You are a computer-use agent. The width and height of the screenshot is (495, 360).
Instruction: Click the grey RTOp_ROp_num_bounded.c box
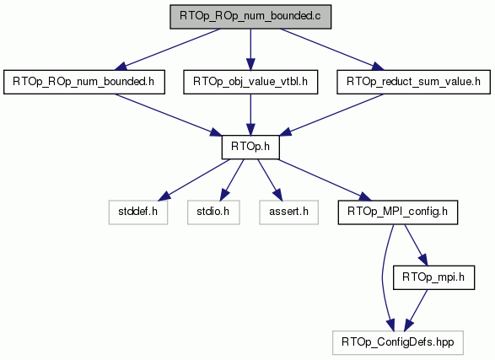[250, 17]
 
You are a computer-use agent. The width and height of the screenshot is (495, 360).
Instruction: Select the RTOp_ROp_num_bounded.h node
[84, 82]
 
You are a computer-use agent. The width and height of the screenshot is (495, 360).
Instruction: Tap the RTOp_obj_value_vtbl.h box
[250, 82]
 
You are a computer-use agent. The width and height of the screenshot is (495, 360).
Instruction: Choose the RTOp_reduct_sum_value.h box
[413, 82]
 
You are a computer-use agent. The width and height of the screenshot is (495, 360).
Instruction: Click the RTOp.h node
[250, 148]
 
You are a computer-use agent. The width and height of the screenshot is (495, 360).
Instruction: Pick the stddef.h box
[138, 212]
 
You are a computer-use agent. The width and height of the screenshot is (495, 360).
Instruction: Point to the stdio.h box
[213, 212]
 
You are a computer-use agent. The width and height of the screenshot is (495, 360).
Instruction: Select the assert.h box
[289, 212]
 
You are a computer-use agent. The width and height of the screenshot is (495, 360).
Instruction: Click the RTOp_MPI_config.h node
[398, 212]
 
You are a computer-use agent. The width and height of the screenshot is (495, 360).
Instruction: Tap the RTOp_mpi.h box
[433, 277]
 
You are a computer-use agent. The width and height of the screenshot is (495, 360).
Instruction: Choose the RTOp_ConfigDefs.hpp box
[398, 343]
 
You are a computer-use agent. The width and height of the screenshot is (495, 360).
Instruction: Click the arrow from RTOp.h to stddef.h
[194, 180]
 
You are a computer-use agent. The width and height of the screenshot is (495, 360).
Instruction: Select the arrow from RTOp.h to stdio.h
[232, 180]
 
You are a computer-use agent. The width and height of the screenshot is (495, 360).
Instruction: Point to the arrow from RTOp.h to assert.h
[269, 180]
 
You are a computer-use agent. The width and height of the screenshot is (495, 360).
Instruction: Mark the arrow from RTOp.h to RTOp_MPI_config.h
[326, 180]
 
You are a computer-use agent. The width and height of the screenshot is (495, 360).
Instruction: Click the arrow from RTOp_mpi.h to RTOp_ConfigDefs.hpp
[416, 310]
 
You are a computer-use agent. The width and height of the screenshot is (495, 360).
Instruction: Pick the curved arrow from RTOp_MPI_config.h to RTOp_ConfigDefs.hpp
[383, 277]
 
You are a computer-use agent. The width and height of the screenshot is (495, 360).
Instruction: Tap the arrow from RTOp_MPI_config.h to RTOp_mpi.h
[416, 245]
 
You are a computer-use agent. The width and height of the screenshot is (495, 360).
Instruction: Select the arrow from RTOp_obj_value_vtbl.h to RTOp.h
[250, 115]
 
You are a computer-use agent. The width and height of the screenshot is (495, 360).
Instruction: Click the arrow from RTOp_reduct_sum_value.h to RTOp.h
[331, 115]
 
